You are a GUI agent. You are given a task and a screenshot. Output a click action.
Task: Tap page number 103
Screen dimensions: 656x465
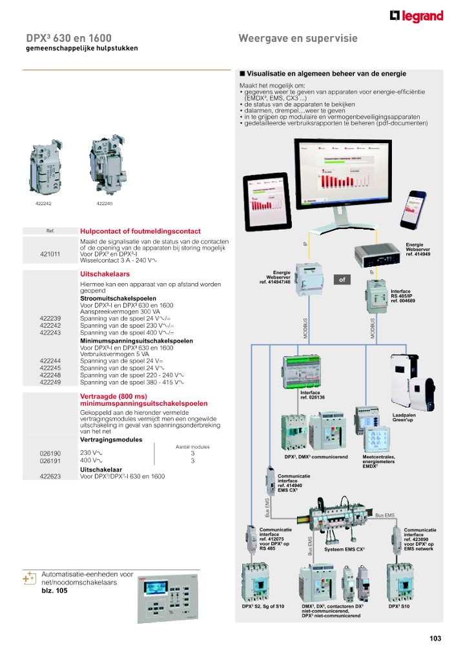435,639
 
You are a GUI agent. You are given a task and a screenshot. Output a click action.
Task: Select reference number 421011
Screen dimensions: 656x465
50,254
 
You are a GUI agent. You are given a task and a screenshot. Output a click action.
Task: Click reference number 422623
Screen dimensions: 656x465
50,476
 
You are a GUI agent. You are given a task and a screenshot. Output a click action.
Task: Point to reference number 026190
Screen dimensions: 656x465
50,453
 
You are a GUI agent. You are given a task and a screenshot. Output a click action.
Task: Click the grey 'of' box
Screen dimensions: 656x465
342,280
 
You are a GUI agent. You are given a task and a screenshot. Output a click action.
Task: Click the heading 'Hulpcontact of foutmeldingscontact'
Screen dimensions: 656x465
140,231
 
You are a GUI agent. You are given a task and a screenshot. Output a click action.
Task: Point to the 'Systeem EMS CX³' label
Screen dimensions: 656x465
344,549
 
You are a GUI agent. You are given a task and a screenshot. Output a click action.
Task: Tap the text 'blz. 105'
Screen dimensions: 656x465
54,590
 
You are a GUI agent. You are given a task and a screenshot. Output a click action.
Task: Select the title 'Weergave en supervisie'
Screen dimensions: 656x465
298,39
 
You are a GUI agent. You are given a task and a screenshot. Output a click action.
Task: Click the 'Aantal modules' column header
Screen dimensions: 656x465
192,446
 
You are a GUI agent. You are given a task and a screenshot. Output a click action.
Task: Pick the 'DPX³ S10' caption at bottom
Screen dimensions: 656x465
398,606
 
